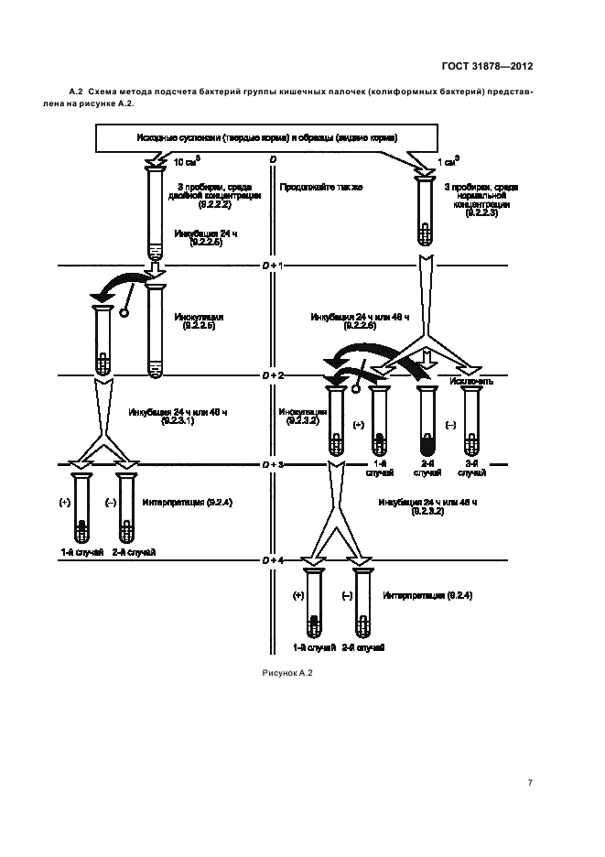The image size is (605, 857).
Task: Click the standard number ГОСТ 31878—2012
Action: pyautogui.click(x=486, y=67)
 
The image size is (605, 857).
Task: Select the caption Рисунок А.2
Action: pyautogui.click(x=287, y=674)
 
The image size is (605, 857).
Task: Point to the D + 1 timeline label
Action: pyautogui.click(x=273, y=265)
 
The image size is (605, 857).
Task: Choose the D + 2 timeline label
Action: pyautogui.click(x=273, y=375)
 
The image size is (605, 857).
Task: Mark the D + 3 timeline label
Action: pyautogui.click(x=273, y=465)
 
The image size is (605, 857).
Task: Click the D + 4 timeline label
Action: pyautogui.click(x=273, y=559)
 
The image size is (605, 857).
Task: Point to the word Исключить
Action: pyautogui.click(x=472, y=380)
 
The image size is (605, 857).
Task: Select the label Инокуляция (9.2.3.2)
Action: pyautogui.click(x=300, y=417)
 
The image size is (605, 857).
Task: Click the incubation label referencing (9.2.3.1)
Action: pyautogui.click(x=178, y=417)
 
